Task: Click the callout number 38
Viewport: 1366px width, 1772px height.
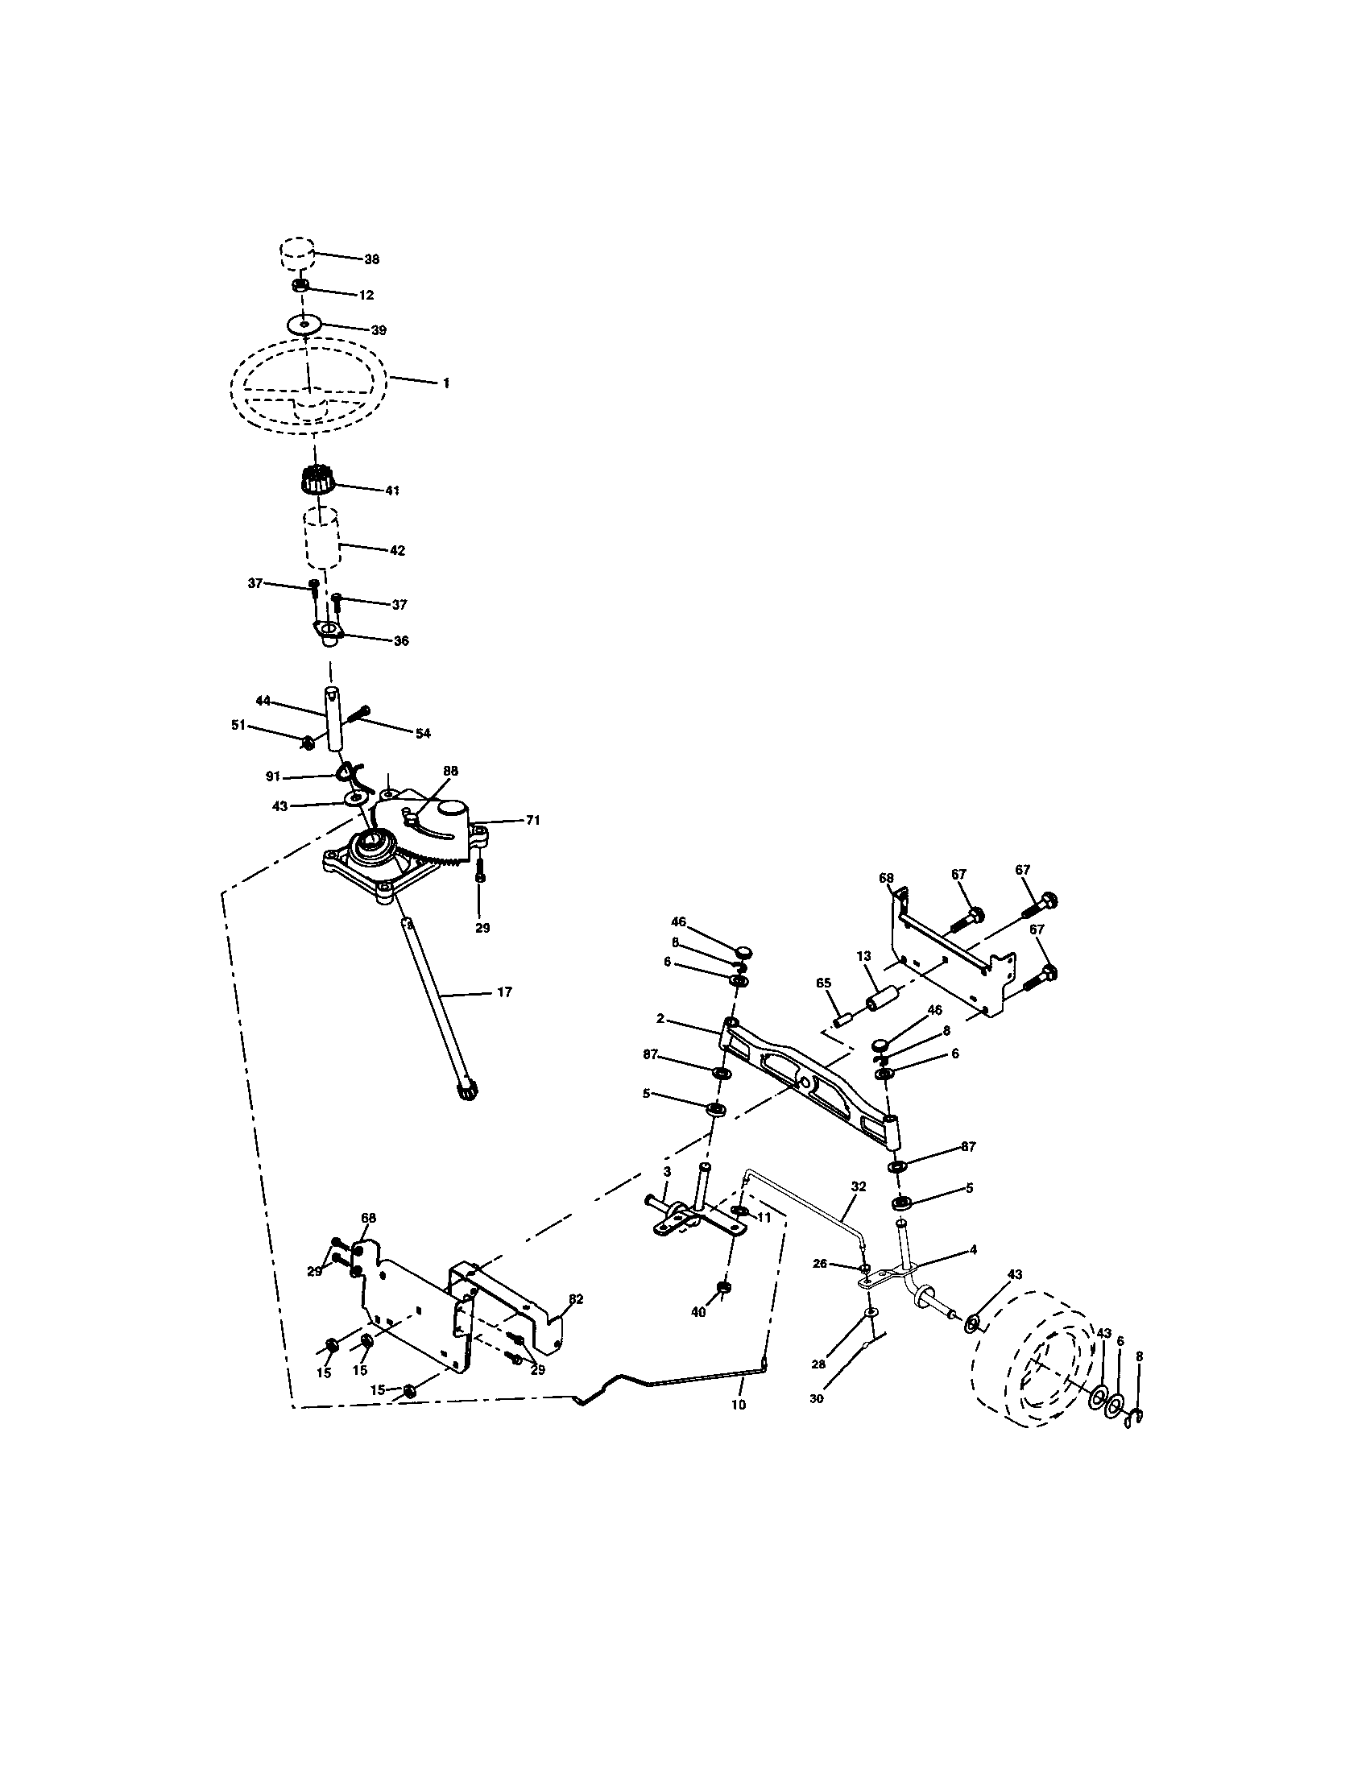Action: click(371, 259)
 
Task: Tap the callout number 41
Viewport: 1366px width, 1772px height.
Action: click(391, 491)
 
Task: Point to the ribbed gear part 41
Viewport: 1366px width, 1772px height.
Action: click(317, 480)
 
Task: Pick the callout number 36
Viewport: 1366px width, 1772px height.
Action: click(400, 641)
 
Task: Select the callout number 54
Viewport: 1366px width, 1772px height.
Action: click(422, 734)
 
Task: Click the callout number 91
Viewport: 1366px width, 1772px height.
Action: click(273, 776)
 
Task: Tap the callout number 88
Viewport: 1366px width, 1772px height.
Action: click(450, 771)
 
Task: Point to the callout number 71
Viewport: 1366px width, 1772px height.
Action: click(532, 820)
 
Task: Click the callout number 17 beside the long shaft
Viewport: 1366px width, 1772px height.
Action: click(503, 992)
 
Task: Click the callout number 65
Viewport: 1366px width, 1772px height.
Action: click(823, 983)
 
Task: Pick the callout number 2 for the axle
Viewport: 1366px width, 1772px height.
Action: click(661, 1019)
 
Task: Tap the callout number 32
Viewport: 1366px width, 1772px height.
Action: click(859, 1186)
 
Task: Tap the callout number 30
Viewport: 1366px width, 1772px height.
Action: click(817, 1399)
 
